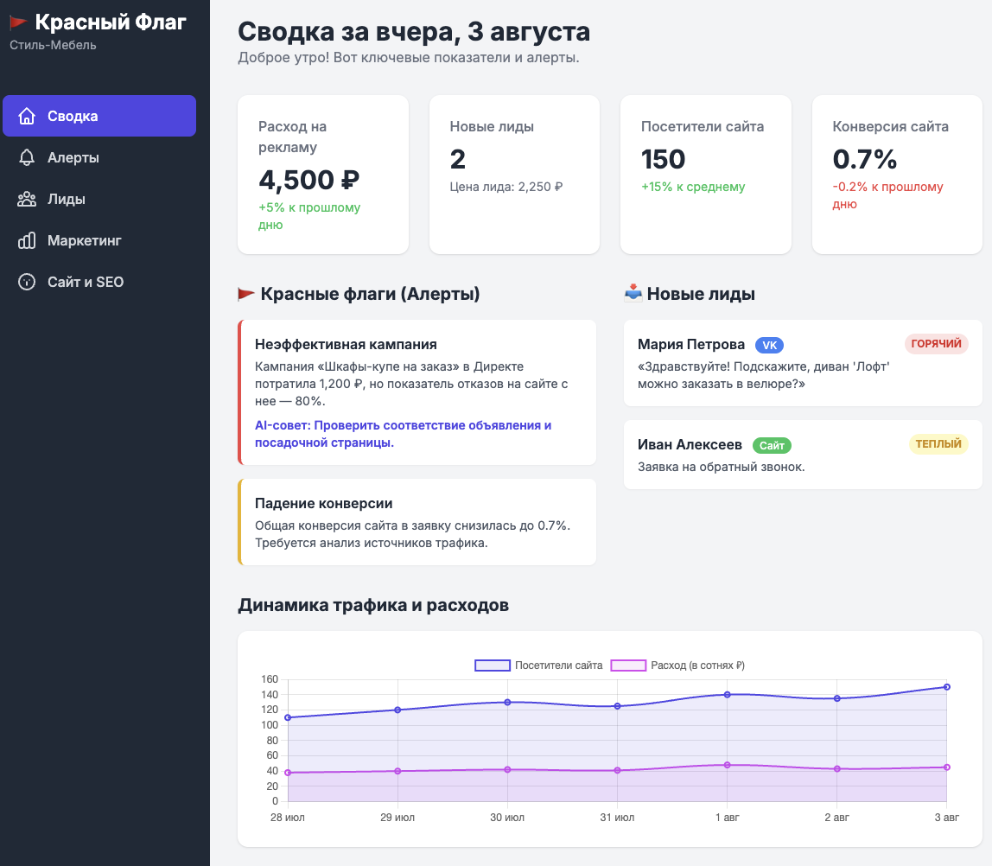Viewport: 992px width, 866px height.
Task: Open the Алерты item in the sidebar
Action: point(73,157)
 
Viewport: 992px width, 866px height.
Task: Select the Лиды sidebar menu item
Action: point(66,199)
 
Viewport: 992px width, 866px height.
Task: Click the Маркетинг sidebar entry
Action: point(84,240)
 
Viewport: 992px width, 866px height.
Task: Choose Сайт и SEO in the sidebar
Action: point(85,282)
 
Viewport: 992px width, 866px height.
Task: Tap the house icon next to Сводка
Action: point(27,116)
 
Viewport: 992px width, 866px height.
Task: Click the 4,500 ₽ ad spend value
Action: point(308,180)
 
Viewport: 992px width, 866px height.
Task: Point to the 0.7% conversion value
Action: point(864,159)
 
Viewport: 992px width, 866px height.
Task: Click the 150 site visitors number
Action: point(663,159)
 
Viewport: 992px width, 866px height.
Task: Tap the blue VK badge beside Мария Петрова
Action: point(769,345)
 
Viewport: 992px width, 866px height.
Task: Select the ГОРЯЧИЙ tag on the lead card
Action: point(936,344)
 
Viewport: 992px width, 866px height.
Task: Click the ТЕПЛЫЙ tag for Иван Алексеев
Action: point(938,444)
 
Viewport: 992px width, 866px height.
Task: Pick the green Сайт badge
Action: point(772,445)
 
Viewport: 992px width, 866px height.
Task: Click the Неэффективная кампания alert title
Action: point(346,344)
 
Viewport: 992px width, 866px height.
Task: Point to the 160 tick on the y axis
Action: point(270,679)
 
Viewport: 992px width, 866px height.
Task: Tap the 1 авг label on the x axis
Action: point(728,817)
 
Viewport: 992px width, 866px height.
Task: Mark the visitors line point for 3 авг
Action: point(947,687)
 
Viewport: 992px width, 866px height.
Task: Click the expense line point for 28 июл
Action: point(288,773)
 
